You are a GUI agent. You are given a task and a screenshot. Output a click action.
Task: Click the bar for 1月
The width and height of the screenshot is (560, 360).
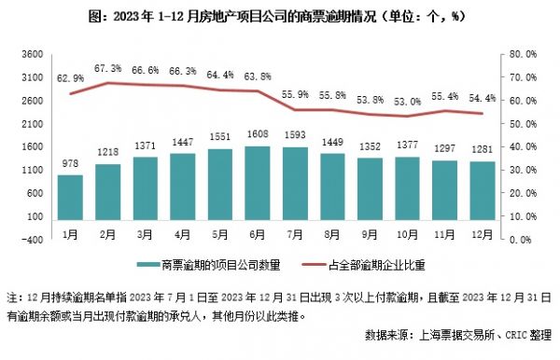(x=70, y=195)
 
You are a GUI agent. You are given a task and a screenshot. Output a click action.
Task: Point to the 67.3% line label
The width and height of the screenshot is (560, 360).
(x=108, y=68)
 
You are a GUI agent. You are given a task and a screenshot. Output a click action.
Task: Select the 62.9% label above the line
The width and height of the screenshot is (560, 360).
(x=70, y=78)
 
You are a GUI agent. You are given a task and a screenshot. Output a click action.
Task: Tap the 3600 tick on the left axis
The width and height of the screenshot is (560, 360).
(x=31, y=54)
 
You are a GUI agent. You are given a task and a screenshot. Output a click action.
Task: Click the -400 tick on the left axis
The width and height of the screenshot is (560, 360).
(x=31, y=239)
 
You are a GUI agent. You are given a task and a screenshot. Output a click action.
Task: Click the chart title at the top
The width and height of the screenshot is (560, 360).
(x=280, y=16)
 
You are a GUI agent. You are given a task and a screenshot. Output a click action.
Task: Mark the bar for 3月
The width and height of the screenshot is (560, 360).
(x=146, y=186)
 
